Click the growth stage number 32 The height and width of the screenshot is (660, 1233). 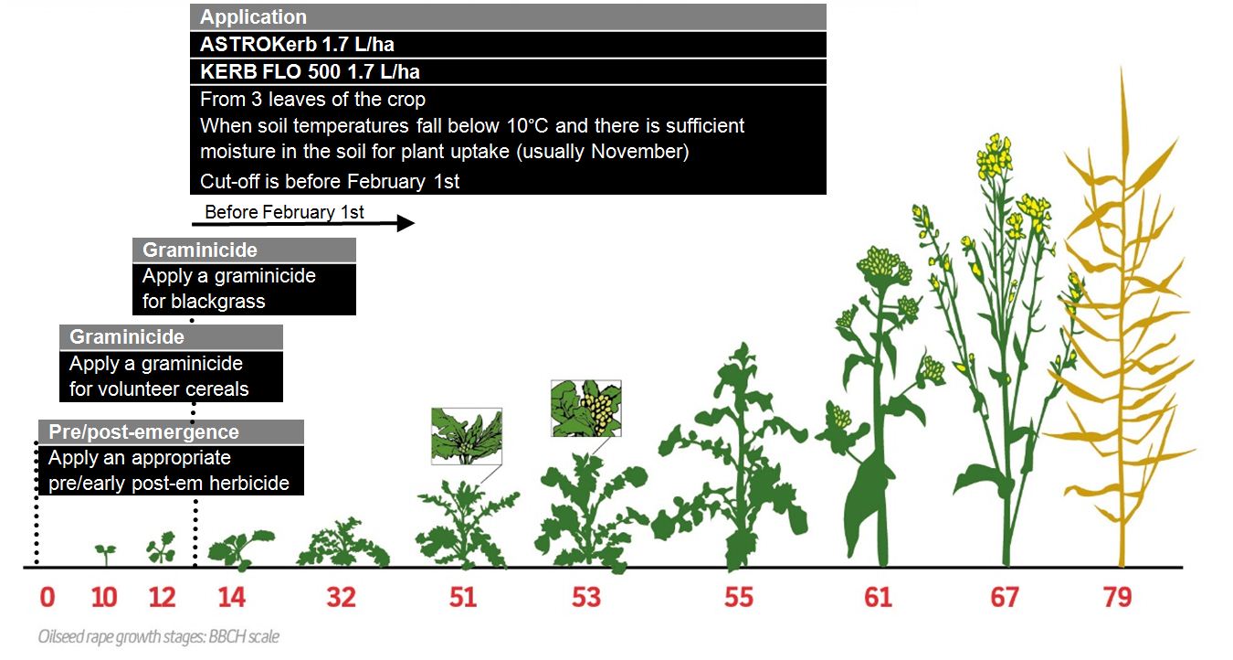[x=342, y=597]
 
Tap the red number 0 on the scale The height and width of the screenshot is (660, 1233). [x=47, y=597]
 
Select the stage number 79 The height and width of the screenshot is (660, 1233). [x=1117, y=597]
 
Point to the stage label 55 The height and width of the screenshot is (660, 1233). [x=739, y=597]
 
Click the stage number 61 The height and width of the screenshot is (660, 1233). [x=878, y=597]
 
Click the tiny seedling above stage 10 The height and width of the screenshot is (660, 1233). [x=106, y=554]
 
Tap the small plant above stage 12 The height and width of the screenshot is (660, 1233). [x=162, y=548]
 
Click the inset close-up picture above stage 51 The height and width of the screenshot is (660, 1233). [x=467, y=436]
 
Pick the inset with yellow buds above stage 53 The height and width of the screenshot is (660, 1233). [x=586, y=409]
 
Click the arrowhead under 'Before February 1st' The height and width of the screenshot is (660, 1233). [x=406, y=223]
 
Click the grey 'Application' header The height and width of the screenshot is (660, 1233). [x=508, y=17]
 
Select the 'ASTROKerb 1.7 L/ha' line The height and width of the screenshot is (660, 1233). [x=297, y=44]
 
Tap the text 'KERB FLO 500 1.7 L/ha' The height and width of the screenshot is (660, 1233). [x=310, y=71]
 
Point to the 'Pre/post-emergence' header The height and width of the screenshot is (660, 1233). [x=143, y=431]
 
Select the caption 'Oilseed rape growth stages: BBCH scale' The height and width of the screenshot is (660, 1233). [x=159, y=637]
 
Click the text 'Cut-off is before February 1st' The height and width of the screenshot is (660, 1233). [x=330, y=181]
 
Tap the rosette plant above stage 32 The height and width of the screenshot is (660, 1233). [x=342, y=543]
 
